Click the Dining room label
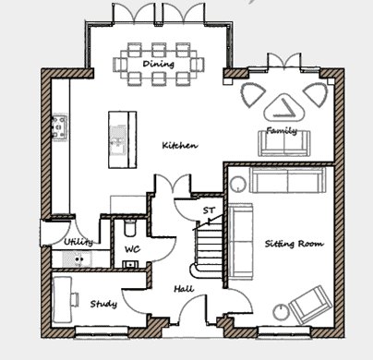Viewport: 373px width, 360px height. tap(159, 64)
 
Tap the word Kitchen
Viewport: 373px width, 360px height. tap(180, 145)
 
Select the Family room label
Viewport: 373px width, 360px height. tap(282, 130)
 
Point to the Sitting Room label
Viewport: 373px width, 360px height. tap(295, 244)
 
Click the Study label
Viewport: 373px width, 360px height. tap(103, 304)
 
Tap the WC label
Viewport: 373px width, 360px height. tap(133, 249)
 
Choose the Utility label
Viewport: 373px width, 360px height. tap(78, 242)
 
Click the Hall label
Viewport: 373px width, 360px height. tap(184, 289)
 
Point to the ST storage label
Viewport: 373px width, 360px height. tap(209, 210)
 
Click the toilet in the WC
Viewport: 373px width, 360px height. tap(130, 228)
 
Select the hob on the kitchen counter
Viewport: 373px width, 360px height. tap(60, 127)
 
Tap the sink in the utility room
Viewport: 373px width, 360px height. tap(77, 259)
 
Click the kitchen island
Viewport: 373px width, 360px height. tap(123, 139)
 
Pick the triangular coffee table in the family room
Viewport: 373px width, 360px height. tap(284, 107)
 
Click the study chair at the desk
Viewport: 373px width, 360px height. tap(75, 300)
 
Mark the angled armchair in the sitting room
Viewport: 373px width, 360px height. tap(311, 305)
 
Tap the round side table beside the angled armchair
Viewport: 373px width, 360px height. tap(282, 312)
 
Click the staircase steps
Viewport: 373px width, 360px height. tap(210, 246)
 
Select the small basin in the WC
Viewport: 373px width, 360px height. tap(130, 264)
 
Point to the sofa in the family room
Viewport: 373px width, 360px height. tap(284, 143)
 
